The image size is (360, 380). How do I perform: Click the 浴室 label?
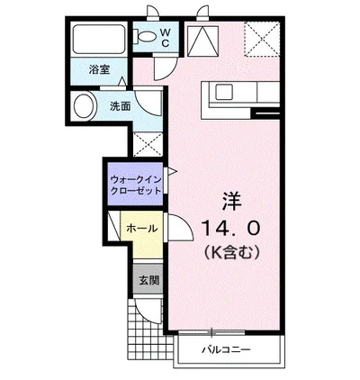(99, 69)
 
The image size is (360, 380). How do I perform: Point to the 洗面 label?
(121, 105)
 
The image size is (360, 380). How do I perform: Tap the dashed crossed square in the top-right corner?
(262, 41)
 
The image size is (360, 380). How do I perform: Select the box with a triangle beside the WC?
(202, 41)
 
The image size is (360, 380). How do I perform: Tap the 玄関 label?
(148, 280)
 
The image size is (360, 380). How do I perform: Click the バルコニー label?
(225, 348)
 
